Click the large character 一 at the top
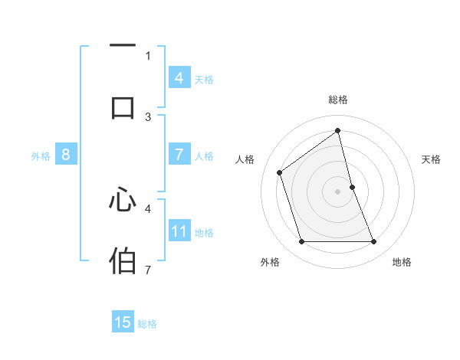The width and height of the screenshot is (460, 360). pyautogui.click(x=123, y=46)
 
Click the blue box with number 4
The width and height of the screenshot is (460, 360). pyautogui.click(x=179, y=77)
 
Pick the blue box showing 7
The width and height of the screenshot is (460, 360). pyautogui.click(x=179, y=155)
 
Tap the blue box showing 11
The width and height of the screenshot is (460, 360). pyautogui.click(x=179, y=231)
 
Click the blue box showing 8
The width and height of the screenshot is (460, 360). pyautogui.click(x=66, y=155)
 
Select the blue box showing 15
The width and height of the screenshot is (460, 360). pyautogui.click(x=123, y=322)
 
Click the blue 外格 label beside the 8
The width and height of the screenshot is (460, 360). pyautogui.click(x=41, y=156)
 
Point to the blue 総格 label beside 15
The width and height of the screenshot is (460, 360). pyautogui.click(x=147, y=324)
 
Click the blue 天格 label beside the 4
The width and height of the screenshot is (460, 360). pyautogui.click(x=204, y=79)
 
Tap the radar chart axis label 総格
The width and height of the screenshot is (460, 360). pyautogui.click(x=338, y=100)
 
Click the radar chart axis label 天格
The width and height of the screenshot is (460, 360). pyautogui.click(x=432, y=159)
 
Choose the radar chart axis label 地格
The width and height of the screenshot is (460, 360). pyautogui.click(x=402, y=262)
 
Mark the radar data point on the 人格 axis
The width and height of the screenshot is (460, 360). pyautogui.click(x=280, y=172)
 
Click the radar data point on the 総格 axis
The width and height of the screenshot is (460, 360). pyautogui.click(x=338, y=130)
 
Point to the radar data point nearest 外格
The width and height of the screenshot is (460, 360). pyautogui.click(x=301, y=242)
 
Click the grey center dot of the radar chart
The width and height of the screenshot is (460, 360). pyautogui.click(x=338, y=191)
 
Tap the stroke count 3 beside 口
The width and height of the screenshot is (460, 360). pyautogui.click(x=148, y=116)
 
